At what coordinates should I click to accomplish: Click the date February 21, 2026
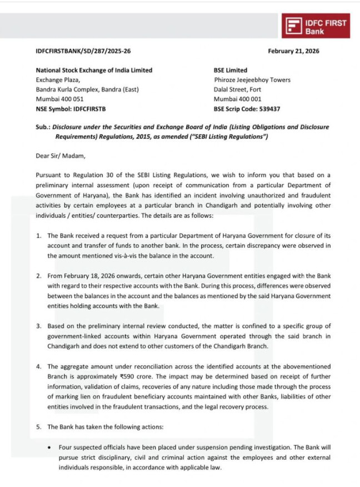(x=293, y=52)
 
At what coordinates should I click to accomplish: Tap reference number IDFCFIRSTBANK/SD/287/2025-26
(x=83, y=52)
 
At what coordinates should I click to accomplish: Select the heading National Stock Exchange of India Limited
(x=94, y=71)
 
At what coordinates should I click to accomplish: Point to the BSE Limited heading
(x=231, y=71)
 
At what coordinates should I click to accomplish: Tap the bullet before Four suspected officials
(x=51, y=446)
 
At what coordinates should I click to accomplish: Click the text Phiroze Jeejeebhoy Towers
(x=252, y=80)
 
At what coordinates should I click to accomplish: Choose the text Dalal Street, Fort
(x=237, y=89)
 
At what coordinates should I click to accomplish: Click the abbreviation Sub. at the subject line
(x=42, y=127)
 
